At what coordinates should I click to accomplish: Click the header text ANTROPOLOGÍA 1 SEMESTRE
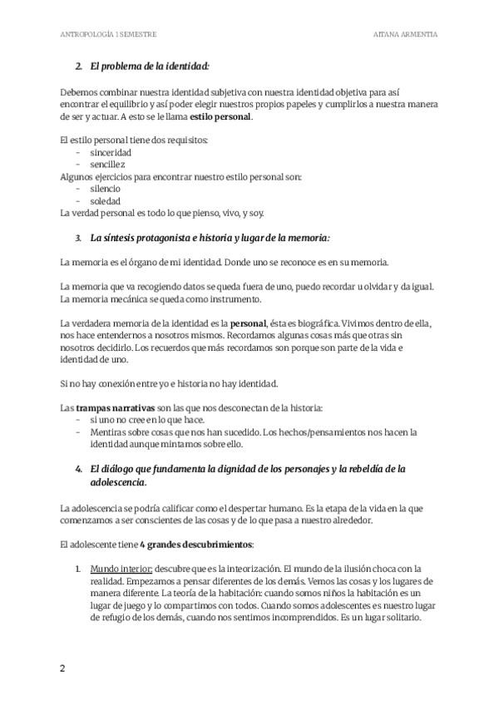[x=109, y=35]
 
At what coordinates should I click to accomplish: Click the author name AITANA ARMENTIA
[x=407, y=35]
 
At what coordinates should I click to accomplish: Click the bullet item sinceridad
[x=111, y=153]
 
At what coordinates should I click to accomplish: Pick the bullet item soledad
[x=106, y=201]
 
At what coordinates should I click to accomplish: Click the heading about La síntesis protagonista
[x=210, y=238]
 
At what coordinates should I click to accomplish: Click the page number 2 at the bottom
[x=62, y=668]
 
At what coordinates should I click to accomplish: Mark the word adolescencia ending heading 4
[x=117, y=482]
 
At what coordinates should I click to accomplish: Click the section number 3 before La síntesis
[x=78, y=238]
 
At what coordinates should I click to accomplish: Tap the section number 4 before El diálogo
[x=78, y=470]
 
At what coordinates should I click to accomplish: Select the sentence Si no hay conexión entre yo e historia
[x=170, y=384]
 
